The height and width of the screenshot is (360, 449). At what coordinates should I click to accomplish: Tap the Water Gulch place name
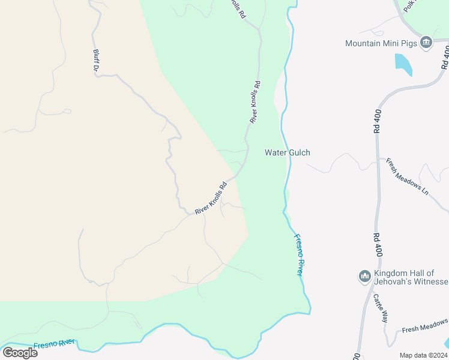(x=288, y=152)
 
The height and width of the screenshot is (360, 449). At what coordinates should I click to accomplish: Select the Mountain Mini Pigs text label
(x=381, y=43)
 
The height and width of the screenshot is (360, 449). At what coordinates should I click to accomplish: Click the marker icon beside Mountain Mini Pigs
(x=426, y=43)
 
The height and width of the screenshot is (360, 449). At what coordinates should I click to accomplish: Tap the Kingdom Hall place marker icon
(x=364, y=276)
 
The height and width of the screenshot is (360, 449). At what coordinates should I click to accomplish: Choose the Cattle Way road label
(x=379, y=308)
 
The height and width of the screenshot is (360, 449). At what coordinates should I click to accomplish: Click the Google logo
(x=20, y=352)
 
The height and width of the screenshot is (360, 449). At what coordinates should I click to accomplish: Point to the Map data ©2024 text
(x=423, y=355)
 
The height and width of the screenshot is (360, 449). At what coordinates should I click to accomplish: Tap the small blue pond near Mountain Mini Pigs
(x=403, y=64)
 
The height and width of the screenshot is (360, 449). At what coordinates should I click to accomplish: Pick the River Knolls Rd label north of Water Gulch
(x=255, y=102)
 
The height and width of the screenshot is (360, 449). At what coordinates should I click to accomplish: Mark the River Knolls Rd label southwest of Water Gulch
(x=210, y=198)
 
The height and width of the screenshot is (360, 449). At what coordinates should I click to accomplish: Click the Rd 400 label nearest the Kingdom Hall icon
(x=377, y=245)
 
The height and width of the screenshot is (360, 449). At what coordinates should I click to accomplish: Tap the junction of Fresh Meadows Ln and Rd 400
(x=379, y=159)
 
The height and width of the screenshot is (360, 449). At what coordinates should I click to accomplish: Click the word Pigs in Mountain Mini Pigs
(x=408, y=43)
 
